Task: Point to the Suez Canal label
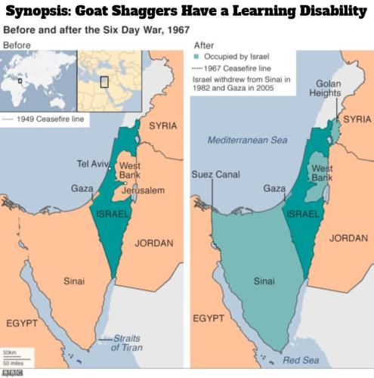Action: coord(215,175)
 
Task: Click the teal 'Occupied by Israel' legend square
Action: coord(197,57)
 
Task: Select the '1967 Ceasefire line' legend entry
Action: coord(231,69)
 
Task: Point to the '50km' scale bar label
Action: coord(11,352)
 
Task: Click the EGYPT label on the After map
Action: coord(209,318)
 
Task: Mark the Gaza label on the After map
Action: coord(274,187)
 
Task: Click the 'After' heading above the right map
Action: coord(204,45)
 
